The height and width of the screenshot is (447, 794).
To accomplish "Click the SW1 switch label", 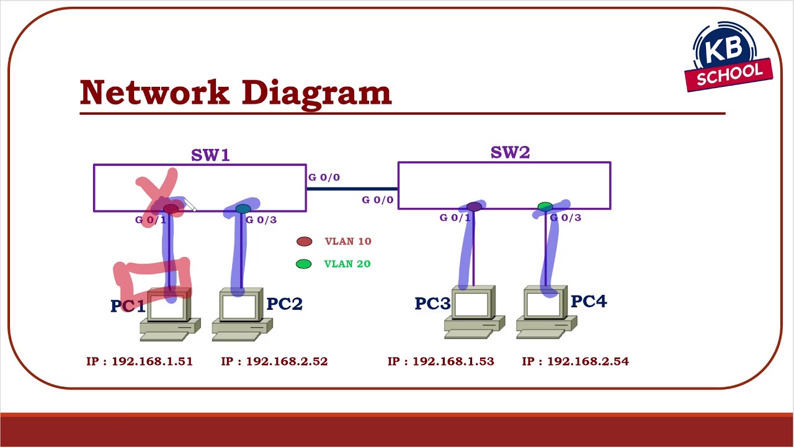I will coord(210,155).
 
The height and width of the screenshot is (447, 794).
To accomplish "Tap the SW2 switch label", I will coord(510,152).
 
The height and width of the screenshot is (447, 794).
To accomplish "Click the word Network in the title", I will coord(154,93).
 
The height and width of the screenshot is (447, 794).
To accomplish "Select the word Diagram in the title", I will coord(316,93).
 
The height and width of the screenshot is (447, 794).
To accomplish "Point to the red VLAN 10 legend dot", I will coord(304,242).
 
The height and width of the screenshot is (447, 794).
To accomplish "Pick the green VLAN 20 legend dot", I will coord(303,264).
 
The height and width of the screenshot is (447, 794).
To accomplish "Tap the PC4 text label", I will coord(588,302).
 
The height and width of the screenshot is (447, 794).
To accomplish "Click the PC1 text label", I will coord(127,306).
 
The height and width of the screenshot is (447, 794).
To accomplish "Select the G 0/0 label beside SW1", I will coord(324,178).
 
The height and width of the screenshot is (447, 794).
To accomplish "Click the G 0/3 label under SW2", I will coord(566,218).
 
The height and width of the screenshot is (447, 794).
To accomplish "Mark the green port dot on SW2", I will coord(545,206).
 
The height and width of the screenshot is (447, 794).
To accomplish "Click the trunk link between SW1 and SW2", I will coord(352,188).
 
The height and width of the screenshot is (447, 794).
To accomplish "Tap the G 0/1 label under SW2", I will coord(455,218).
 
